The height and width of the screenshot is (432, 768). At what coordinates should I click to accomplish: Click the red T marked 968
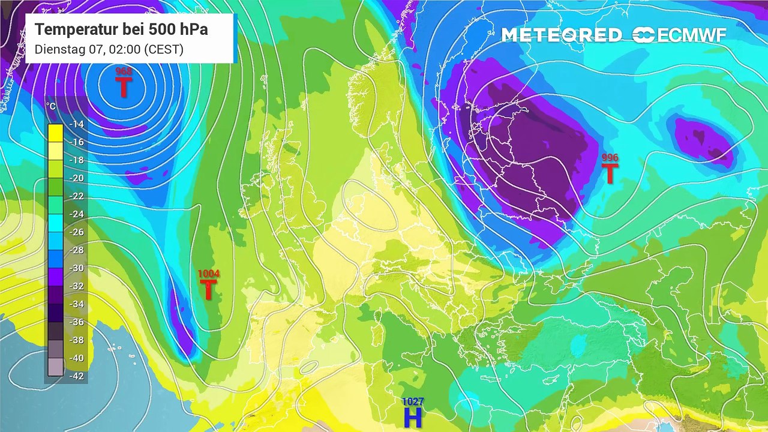tap(123, 88)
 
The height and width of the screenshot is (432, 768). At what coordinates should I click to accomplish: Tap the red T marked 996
tap(610, 174)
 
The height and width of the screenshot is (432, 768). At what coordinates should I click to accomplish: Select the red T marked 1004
tap(208, 290)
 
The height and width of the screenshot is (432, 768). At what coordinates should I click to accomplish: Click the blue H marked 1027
tap(413, 418)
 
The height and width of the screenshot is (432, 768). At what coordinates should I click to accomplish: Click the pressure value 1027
tap(413, 401)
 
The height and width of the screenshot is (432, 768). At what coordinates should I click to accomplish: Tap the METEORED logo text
tap(562, 35)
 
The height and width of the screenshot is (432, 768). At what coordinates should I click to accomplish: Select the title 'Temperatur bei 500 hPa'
tap(121, 29)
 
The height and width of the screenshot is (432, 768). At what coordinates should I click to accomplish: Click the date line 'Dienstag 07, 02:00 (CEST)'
tap(109, 49)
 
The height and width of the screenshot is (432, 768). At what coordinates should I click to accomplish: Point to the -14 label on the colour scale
tap(76, 124)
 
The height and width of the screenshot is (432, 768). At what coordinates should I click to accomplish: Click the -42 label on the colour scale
tap(76, 376)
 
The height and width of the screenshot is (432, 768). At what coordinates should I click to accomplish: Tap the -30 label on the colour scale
tap(76, 268)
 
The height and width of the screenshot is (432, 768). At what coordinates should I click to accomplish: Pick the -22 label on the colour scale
tap(76, 196)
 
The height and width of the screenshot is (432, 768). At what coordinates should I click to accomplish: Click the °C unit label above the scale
tap(52, 107)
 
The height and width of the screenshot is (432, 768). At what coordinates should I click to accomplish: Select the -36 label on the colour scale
tap(76, 322)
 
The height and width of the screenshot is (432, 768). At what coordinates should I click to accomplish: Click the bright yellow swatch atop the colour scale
tap(55, 132)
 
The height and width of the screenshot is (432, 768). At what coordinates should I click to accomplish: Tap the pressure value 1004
tap(208, 274)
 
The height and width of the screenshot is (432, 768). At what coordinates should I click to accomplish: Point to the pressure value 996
tap(610, 158)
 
